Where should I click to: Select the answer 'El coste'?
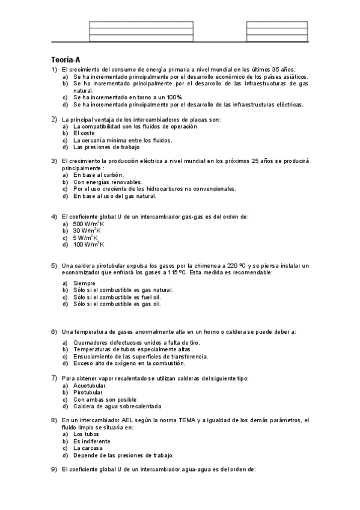pyautogui.click(x=84, y=133)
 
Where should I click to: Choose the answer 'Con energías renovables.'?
pyautogui.click(x=108, y=182)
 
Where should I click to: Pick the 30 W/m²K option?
pyautogui.click(x=87, y=231)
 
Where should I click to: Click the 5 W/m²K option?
pyautogui.click(x=85, y=238)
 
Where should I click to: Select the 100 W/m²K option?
pyautogui.click(x=88, y=245)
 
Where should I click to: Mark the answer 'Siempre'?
pyautogui.click(x=84, y=283)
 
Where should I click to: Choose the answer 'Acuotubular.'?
pyautogui.click(x=90, y=386)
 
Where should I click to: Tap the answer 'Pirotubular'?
pyautogui.click(x=88, y=392)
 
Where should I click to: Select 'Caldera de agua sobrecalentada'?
pyautogui.click(x=112, y=406)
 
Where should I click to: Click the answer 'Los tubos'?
pyautogui.click(x=87, y=434)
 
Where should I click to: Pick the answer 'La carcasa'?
pyautogui.click(x=88, y=448)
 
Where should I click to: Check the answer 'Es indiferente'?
pyautogui.click(x=91, y=441)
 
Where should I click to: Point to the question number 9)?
pyautogui.click(x=54, y=468)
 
